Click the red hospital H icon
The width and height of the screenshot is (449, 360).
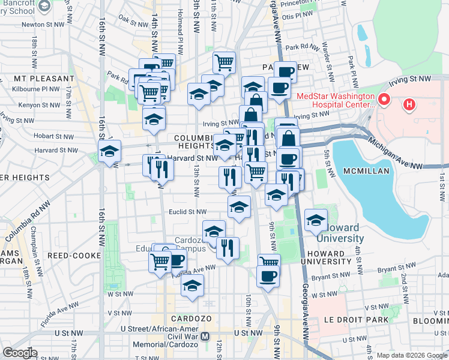409,105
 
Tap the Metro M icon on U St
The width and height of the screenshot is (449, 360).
205,337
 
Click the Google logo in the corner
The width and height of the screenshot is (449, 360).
20,352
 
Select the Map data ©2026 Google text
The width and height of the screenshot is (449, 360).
411,355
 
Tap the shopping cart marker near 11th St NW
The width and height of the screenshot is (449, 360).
224,62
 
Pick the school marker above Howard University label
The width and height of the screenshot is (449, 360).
316,220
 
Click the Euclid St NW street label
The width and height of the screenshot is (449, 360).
187,211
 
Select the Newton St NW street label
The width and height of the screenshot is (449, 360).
44,25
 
